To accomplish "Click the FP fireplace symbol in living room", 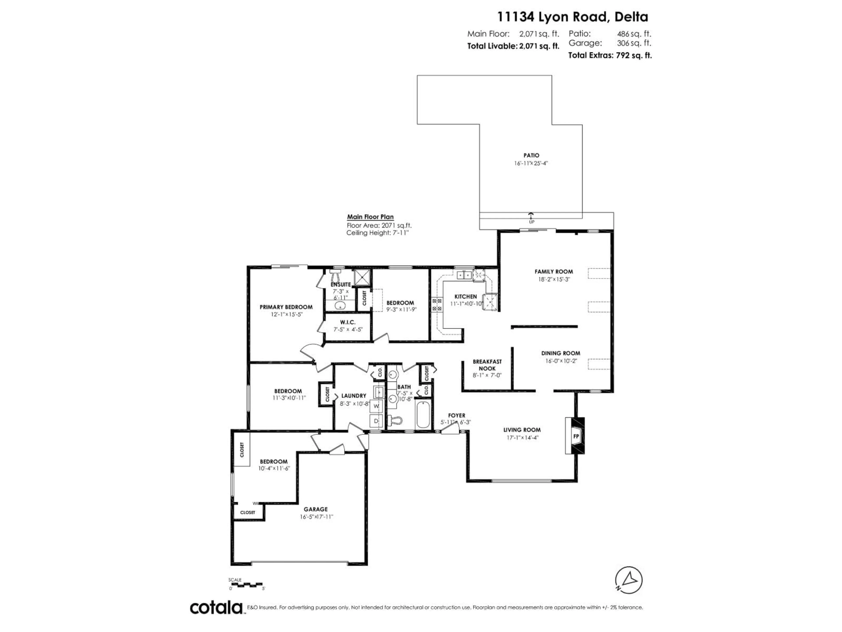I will [576, 436].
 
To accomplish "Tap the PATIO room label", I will [531, 155].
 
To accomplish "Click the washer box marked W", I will [376, 406].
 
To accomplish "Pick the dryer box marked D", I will [376, 421].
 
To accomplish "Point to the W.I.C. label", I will [348, 322].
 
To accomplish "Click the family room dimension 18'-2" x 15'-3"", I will [553, 279].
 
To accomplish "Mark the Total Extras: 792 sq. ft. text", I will [610, 56].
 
